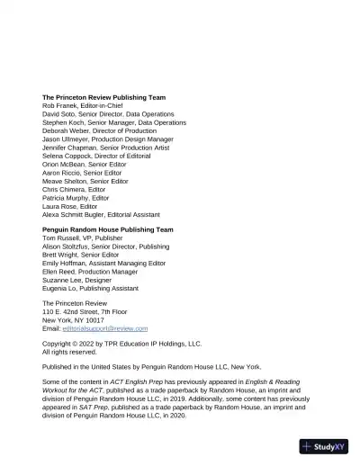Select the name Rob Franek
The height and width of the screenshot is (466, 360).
tap(60, 105)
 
